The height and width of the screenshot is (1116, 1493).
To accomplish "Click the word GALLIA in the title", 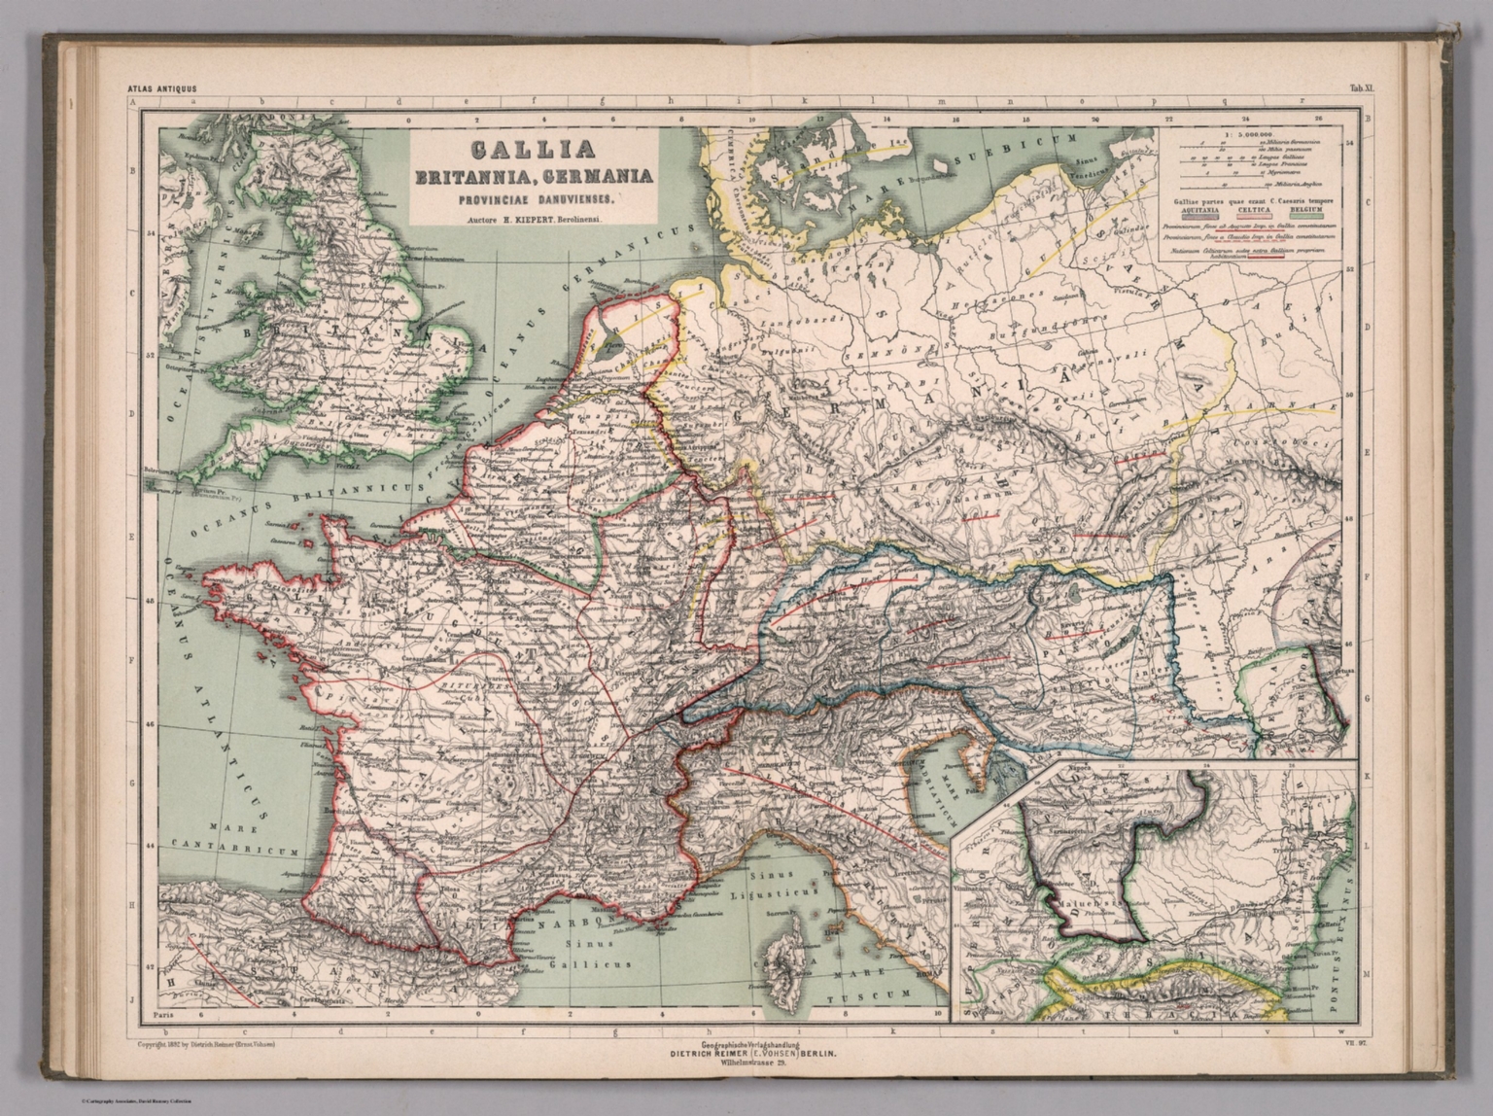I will [532, 151].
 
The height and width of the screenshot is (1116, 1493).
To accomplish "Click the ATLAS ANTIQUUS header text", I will [162, 88].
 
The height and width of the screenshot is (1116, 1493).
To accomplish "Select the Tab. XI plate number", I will [1360, 88].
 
